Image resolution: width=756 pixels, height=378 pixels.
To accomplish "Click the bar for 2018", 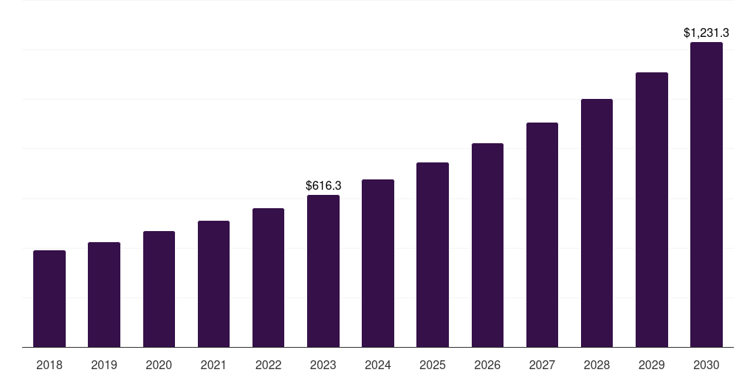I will click(49, 299).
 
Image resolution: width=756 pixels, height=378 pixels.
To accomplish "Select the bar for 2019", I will click(104, 295).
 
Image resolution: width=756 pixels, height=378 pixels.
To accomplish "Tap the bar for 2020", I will click(159, 289).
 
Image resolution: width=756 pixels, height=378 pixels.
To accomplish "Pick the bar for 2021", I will click(213, 284).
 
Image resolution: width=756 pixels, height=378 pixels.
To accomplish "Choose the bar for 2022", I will click(268, 278).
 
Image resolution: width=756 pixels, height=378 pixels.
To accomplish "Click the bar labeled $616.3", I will click(323, 271).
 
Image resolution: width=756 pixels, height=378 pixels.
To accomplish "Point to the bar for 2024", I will click(378, 264).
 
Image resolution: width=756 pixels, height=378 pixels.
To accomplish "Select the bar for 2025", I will click(433, 255).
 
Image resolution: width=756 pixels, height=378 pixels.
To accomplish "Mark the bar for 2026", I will click(487, 245).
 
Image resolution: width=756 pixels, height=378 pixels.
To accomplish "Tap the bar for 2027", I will click(542, 235).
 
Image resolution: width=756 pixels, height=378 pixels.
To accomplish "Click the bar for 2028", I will click(597, 223).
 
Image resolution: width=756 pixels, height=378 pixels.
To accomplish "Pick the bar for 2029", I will click(651, 210).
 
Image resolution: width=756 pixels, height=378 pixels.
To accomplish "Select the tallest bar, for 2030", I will click(707, 195).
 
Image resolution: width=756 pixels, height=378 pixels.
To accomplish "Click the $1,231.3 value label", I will click(707, 32).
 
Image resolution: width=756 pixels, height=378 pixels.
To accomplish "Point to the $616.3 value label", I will click(323, 186).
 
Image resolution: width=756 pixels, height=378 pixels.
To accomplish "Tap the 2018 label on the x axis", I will click(49, 365).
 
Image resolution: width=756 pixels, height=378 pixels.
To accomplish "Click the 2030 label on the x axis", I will click(707, 365).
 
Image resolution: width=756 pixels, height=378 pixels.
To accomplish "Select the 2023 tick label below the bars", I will click(323, 365).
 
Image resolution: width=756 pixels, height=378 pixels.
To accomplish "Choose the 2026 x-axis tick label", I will click(487, 365).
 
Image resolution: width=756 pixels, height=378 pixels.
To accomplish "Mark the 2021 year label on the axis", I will click(213, 365).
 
